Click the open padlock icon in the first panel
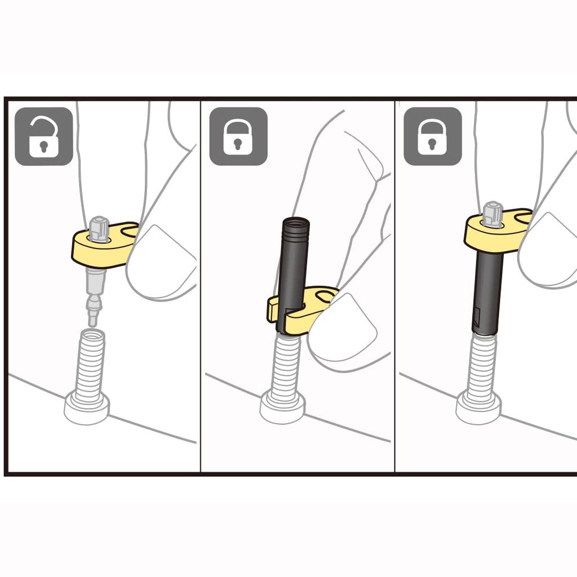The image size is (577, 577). point(43,136)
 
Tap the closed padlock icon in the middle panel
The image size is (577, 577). point(238,136)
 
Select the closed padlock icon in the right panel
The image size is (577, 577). point(432,136)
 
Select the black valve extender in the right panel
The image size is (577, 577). point(488,293)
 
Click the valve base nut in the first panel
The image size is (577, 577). point(87,408)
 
